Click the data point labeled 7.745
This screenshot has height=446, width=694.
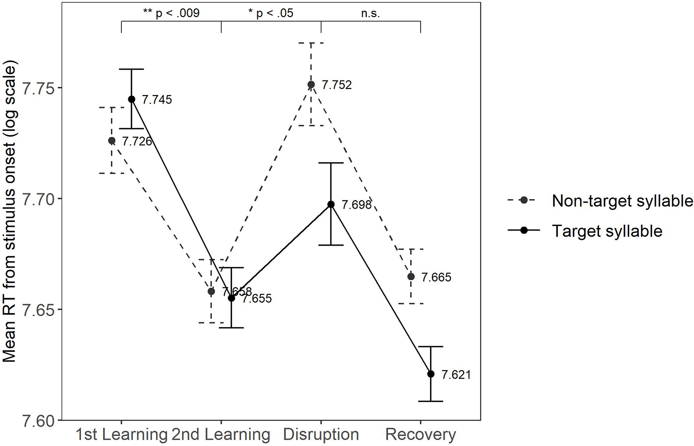click(x=131, y=99)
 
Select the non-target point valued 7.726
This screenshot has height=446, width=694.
click(x=112, y=140)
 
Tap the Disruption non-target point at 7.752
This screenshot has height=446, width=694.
click(x=311, y=85)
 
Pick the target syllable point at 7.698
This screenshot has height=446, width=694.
click(x=331, y=204)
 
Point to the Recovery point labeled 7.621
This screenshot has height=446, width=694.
click(x=431, y=374)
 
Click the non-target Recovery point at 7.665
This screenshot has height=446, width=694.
click(x=411, y=277)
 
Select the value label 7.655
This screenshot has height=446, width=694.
click(x=257, y=299)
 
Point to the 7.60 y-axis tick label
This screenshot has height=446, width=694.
click(x=39, y=421)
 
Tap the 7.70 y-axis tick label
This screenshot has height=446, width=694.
click(x=39, y=199)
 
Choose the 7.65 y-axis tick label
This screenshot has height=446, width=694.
click(x=39, y=309)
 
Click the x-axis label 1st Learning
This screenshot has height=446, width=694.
click(x=121, y=435)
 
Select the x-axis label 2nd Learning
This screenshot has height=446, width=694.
click(x=221, y=435)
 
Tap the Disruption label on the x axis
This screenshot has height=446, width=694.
click(x=321, y=435)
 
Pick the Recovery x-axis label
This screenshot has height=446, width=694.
click(x=421, y=435)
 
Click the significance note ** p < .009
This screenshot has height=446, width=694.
click(x=171, y=13)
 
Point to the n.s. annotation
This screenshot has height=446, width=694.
click(x=370, y=14)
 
